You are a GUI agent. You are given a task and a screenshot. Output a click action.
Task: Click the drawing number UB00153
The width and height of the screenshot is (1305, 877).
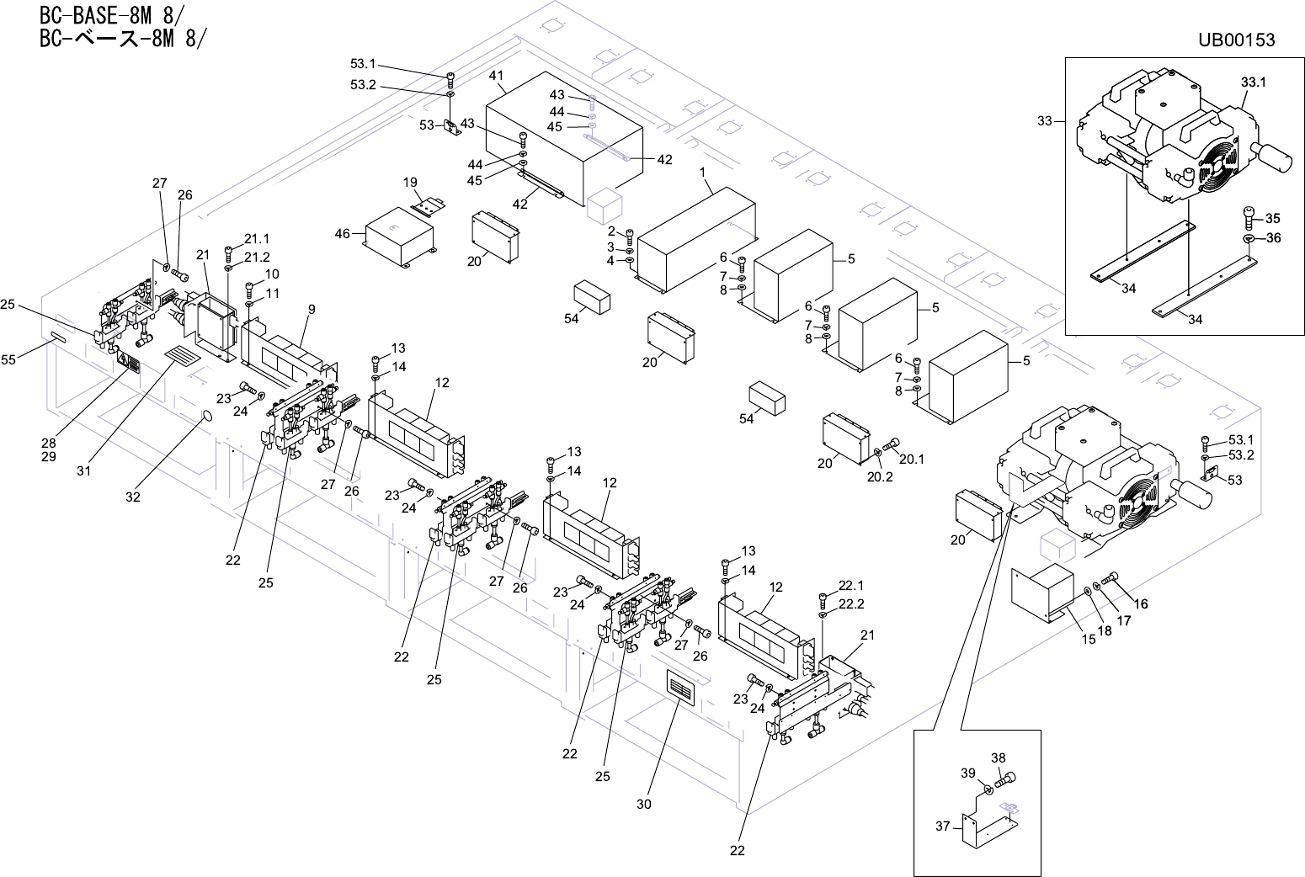coord(1236,40)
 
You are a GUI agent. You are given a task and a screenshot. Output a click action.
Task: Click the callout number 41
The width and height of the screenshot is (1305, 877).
coord(497,76)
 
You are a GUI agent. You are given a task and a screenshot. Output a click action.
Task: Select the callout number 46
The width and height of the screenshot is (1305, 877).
coord(342,234)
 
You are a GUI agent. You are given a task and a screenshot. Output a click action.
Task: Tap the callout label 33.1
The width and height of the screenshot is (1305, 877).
coord(1253,82)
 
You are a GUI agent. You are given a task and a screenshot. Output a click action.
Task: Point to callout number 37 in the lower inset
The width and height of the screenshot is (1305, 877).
coord(943,826)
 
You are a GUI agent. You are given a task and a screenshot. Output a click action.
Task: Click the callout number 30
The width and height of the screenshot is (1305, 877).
coord(644,805)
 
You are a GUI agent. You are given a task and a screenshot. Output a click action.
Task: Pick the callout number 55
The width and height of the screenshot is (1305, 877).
coord(8,360)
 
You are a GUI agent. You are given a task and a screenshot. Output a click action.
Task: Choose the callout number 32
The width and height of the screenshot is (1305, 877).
coord(133,497)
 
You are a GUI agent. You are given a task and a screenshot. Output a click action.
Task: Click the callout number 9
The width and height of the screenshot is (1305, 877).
coord(312,310)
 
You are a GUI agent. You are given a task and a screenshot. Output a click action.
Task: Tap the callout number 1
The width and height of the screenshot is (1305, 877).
coord(703,173)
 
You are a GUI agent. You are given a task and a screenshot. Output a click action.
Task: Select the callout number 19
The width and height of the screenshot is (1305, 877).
coord(410,183)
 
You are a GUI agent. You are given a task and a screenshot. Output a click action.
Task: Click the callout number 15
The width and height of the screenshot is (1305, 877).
coord(1089,640)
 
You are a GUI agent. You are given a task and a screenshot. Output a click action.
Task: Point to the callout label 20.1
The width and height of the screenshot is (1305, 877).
coord(912,460)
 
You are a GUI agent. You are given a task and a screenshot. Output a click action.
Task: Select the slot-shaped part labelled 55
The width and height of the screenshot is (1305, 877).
coord(60,338)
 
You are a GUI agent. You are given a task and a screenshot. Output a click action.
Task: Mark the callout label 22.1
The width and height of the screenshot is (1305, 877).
coord(851,585)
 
